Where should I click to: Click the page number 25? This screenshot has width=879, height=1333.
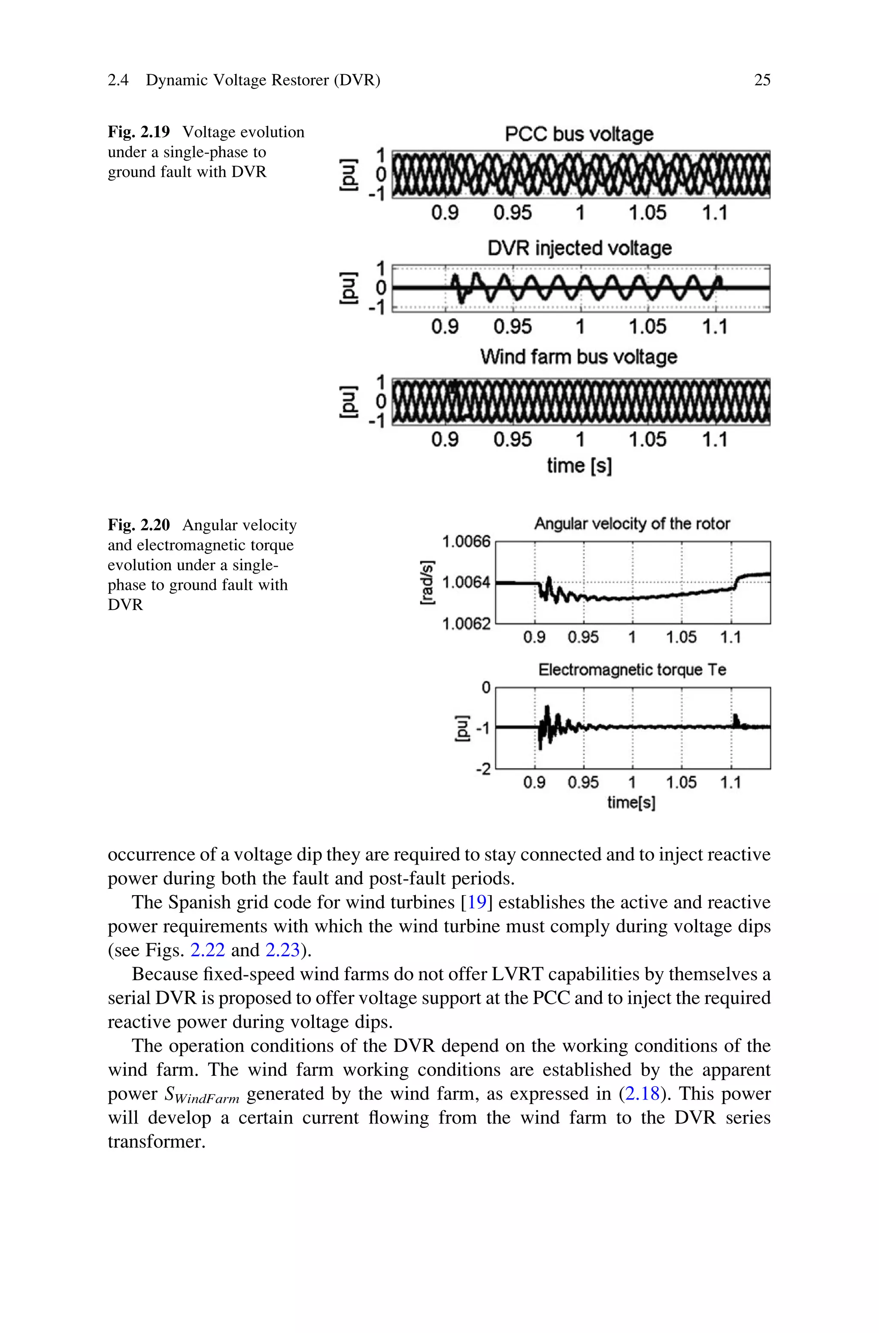click(x=762, y=80)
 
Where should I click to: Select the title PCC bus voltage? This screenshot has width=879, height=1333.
click(x=579, y=134)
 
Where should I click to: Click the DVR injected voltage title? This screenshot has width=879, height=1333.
click(x=579, y=248)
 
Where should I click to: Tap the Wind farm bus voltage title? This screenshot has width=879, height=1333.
click(x=579, y=356)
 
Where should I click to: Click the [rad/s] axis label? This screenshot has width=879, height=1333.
click(x=427, y=583)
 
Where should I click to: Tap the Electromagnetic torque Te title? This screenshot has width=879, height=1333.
click(x=632, y=670)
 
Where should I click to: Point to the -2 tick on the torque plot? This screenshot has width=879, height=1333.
click(x=483, y=768)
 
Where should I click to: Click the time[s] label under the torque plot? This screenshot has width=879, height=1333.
click(x=631, y=803)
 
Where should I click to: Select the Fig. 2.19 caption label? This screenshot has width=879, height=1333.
click(x=139, y=132)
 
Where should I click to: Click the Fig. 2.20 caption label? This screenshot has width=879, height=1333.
click(x=139, y=525)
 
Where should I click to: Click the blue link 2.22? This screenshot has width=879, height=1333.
click(x=207, y=950)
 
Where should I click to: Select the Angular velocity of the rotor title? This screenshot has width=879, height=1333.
click(x=632, y=524)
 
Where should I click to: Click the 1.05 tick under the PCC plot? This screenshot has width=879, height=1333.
click(x=648, y=213)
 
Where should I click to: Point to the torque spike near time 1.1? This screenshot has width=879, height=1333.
click(x=736, y=719)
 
